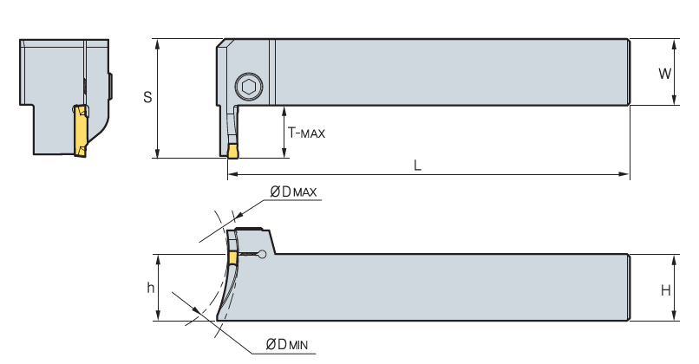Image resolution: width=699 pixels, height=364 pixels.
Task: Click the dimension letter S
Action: coord(147,98)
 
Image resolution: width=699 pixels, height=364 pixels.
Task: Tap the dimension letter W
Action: coord(664,74)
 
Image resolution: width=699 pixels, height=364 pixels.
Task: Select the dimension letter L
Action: coord(418,166)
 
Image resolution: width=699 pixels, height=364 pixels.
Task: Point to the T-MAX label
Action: coord(306,133)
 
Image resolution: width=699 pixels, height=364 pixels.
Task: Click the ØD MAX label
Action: coord(293,192)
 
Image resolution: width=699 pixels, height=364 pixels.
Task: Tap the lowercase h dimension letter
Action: coord(151,288)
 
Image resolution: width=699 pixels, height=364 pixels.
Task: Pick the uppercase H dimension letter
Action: coord(666,290)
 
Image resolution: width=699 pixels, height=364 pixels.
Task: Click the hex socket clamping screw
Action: coord(248,87)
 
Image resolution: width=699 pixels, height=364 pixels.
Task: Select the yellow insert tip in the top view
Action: coord(232,153)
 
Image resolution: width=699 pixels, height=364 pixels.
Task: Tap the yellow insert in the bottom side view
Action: coord(232,257)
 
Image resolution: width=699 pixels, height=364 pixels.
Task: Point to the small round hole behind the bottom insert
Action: coord(263,254)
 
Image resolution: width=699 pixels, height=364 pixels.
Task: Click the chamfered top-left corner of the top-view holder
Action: coord(221,43)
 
